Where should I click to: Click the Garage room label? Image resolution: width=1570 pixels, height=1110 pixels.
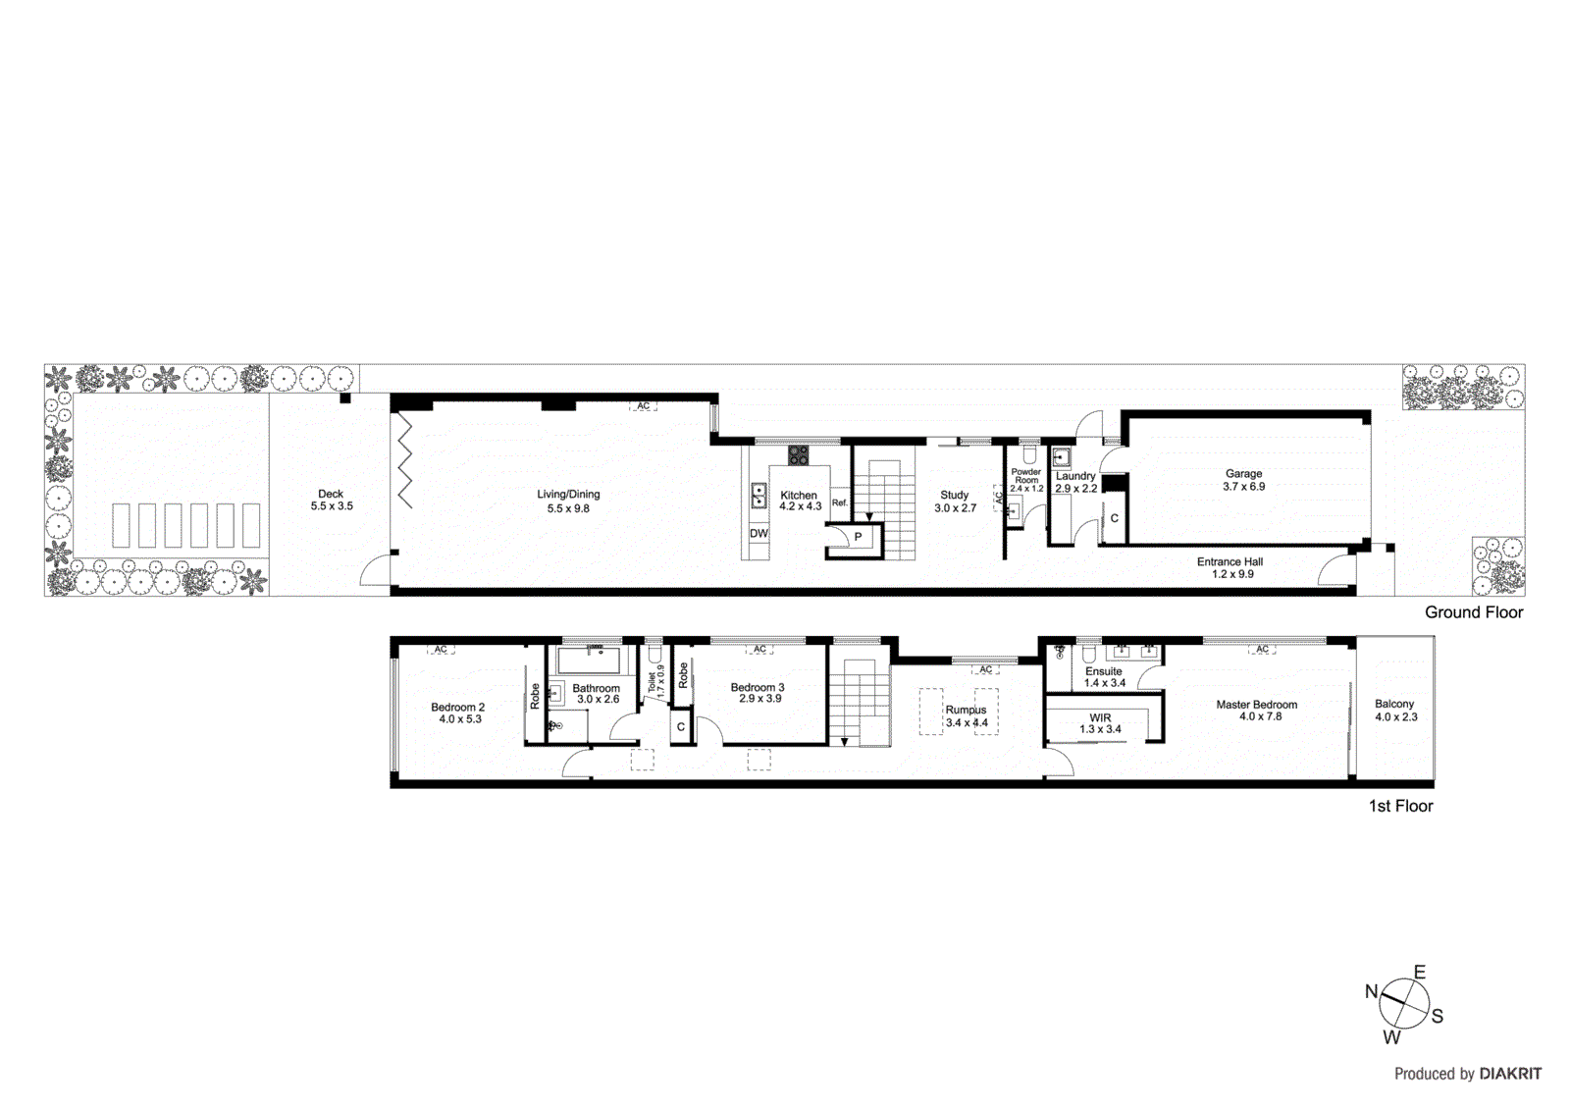click(x=1243, y=473)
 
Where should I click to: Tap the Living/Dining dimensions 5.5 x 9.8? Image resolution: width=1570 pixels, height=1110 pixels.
click(x=568, y=508)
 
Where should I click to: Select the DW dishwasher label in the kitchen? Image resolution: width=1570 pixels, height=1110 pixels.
click(x=759, y=533)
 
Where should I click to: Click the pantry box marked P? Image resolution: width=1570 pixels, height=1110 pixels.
click(x=858, y=537)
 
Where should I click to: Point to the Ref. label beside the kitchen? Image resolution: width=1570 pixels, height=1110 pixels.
click(x=840, y=502)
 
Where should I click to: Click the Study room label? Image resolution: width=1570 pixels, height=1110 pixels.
click(x=954, y=495)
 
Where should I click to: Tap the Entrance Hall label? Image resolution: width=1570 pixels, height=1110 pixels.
click(x=1230, y=561)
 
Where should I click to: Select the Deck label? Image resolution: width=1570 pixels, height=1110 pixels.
click(x=331, y=494)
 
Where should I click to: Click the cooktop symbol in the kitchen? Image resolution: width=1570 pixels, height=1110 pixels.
click(x=799, y=454)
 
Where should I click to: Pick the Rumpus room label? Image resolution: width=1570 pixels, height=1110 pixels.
click(x=966, y=710)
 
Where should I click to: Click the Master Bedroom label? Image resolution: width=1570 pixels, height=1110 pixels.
click(x=1256, y=704)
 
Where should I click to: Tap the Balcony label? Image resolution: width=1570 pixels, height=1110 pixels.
click(x=1394, y=704)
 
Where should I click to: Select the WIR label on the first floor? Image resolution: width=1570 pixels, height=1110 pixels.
click(x=1100, y=717)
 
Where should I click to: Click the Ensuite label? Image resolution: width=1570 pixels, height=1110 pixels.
click(x=1103, y=671)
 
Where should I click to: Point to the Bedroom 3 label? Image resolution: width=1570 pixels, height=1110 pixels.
click(x=758, y=687)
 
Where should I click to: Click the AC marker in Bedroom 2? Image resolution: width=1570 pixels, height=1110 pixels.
click(x=441, y=649)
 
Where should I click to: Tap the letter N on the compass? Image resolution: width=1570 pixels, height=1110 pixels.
click(x=1371, y=991)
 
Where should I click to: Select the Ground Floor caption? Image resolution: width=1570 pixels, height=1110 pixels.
click(x=1474, y=612)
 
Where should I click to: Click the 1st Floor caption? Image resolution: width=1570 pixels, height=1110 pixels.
click(x=1400, y=806)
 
